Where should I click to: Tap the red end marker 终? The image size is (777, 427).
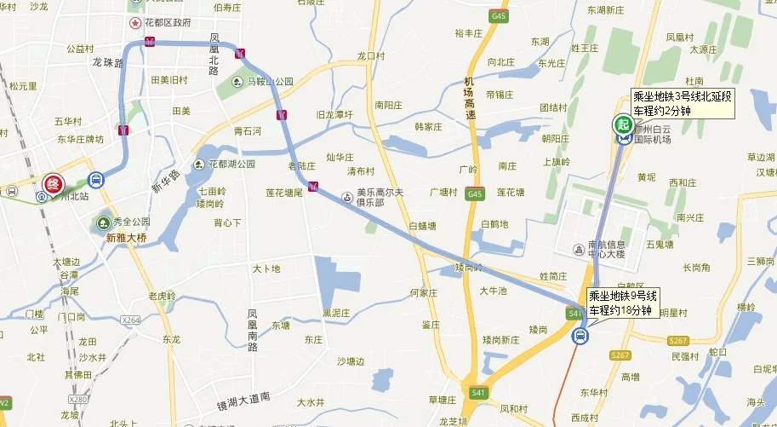click(x=53, y=183)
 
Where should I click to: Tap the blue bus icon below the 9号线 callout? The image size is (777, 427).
click(x=580, y=336)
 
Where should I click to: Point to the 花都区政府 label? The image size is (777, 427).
click(x=161, y=21)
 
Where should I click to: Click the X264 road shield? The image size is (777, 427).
click(x=131, y=320)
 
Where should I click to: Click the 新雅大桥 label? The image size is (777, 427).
click(x=128, y=239)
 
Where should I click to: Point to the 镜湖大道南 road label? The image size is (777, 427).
click(x=243, y=397)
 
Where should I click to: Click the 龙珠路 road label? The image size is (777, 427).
click(x=108, y=62)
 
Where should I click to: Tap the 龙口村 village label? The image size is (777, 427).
click(x=371, y=56)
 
